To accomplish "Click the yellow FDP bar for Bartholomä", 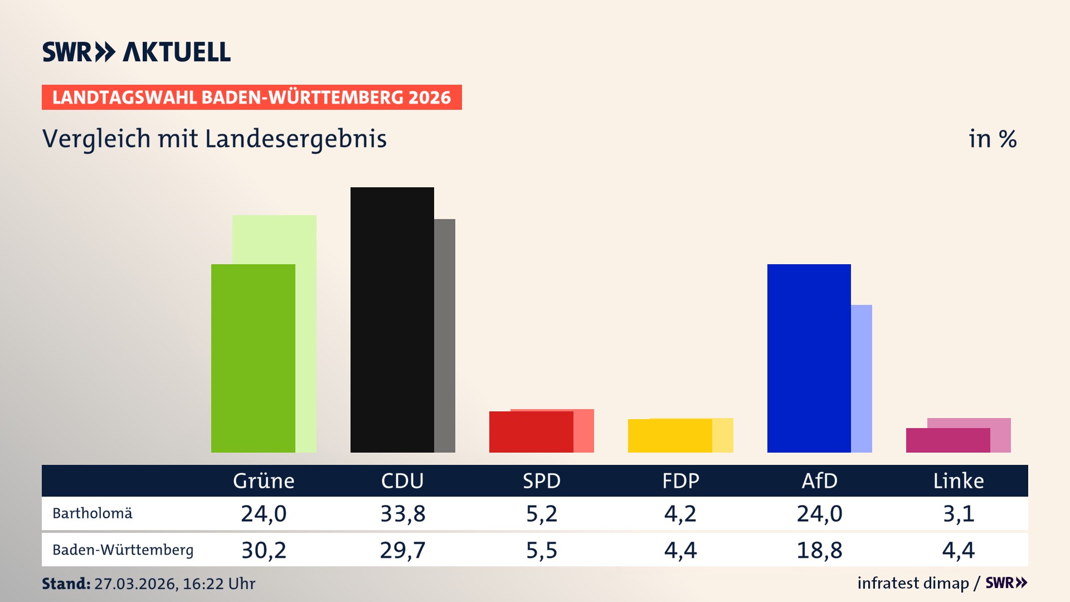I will (x=670, y=436).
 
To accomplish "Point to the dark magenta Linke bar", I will (x=947, y=440).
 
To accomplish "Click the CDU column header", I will (x=402, y=480).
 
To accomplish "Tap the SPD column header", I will (x=541, y=480).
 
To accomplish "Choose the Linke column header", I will (x=959, y=480).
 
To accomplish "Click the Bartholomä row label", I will (x=93, y=513).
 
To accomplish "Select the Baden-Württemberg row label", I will (x=123, y=550).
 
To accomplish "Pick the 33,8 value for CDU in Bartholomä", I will (x=402, y=513).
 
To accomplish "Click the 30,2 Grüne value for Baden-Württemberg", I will (x=264, y=550).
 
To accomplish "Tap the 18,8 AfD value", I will (x=819, y=550).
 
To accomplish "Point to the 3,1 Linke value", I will (x=959, y=513).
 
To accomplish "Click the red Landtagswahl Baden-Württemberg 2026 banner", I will (x=251, y=98).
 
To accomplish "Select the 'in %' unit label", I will (x=993, y=139).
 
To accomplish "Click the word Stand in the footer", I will (x=66, y=584).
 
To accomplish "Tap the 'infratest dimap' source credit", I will (x=913, y=583).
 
